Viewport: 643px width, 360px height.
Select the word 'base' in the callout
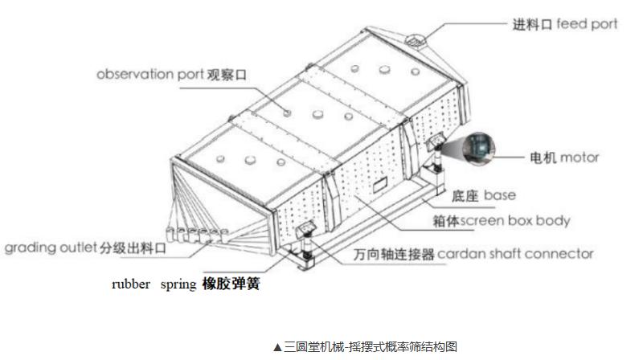pos(500,195)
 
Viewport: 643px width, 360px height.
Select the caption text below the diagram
pos(365,346)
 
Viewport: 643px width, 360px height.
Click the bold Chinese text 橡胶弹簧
pos(231,284)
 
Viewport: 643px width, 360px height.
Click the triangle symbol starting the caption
pos(277,347)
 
